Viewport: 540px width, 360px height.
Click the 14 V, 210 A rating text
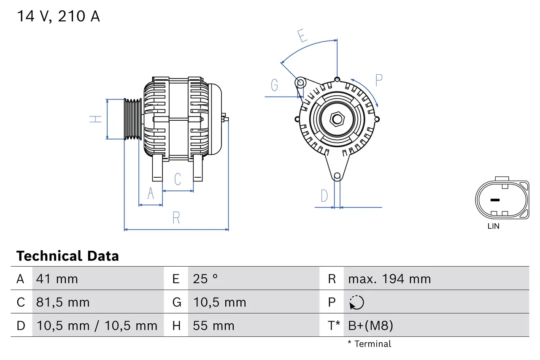pyautogui.click(x=58, y=16)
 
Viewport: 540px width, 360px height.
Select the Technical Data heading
pyautogui.click(x=67, y=256)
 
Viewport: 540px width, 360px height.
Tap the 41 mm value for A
pyautogui.click(x=57, y=279)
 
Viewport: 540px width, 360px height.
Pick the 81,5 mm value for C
pyautogui.click(x=63, y=302)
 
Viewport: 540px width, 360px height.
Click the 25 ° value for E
pyautogui.click(x=205, y=279)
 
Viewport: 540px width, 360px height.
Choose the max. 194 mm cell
pyautogui.click(x=389, y=279)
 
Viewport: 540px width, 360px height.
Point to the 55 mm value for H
pyautogui.click(x=213, y=325)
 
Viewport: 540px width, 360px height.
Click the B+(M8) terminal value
pyautogui.click(x=370, y=325)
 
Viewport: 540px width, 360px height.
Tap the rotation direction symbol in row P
pyautogui.click(x=356, y=302)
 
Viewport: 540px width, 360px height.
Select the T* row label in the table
pyautogui.click(x=334, y=325)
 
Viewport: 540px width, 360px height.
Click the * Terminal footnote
pyautogui.click(x=369, y=344)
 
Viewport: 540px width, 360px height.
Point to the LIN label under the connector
pyautogui.click(x=493, y=226)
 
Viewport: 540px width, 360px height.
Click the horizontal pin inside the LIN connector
pyautogui.click(x=495, y=200)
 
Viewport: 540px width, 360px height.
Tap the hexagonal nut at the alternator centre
pyautogui.click(x=337, y=119)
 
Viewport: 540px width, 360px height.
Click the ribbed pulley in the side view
pyautogui.click(x=133, y=119)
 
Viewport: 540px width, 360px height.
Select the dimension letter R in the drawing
pyautogui.click(x=176, y=218)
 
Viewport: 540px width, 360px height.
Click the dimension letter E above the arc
pyautogui.click(x=302, y=36)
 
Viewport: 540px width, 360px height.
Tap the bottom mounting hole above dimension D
pyautogui.click(x=337, y=176)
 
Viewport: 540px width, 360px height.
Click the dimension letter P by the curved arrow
pyautogui.click(x=378, y=80)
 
